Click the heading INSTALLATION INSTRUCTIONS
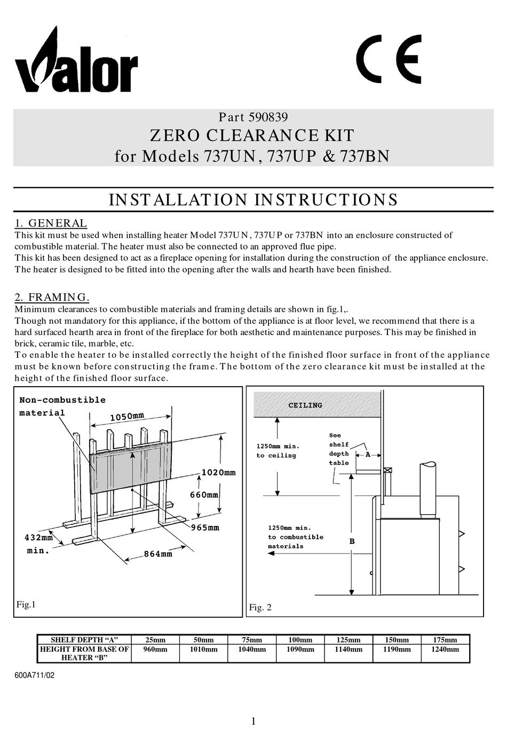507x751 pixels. point(253,200)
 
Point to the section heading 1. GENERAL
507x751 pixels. point(51,223)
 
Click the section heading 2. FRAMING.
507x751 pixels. point(52,297)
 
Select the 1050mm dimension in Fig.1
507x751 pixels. point(127,417)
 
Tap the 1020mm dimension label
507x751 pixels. point(218,473)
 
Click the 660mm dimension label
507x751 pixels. point(204,495)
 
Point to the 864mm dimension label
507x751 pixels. point(158,554)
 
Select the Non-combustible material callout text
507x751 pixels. point(62,406)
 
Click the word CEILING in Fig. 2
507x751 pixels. point(305,405)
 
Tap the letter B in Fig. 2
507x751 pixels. point(352,541)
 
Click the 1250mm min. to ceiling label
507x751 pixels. point(278,451)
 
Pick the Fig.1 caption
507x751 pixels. point(26,605)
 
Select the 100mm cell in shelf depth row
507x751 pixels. point(300,640)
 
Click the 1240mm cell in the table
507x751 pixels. point(445,650)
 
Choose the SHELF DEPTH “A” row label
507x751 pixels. point(84,640)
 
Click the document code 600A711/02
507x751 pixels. point(35,675)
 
